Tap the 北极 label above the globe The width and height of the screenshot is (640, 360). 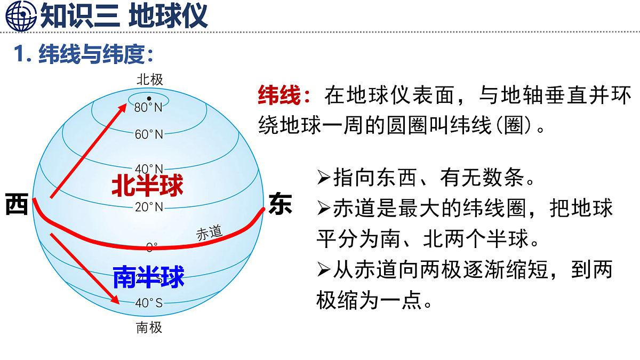[149, 80]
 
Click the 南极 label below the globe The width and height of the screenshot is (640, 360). [149, 327]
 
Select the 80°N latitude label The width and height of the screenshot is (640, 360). [149, 108]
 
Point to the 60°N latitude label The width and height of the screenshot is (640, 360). [149, 134]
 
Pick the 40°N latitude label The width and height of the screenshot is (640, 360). [149, 169]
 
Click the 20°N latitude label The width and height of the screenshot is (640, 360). [149, 207]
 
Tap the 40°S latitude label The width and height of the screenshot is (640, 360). [149, 303]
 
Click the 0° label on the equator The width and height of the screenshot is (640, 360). [152, 247]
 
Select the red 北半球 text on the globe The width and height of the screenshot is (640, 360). [147, 186]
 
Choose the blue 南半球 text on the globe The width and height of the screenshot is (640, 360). [148, 277]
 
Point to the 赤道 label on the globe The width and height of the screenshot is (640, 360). [209, 233]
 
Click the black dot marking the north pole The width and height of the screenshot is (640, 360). [149, 98]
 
